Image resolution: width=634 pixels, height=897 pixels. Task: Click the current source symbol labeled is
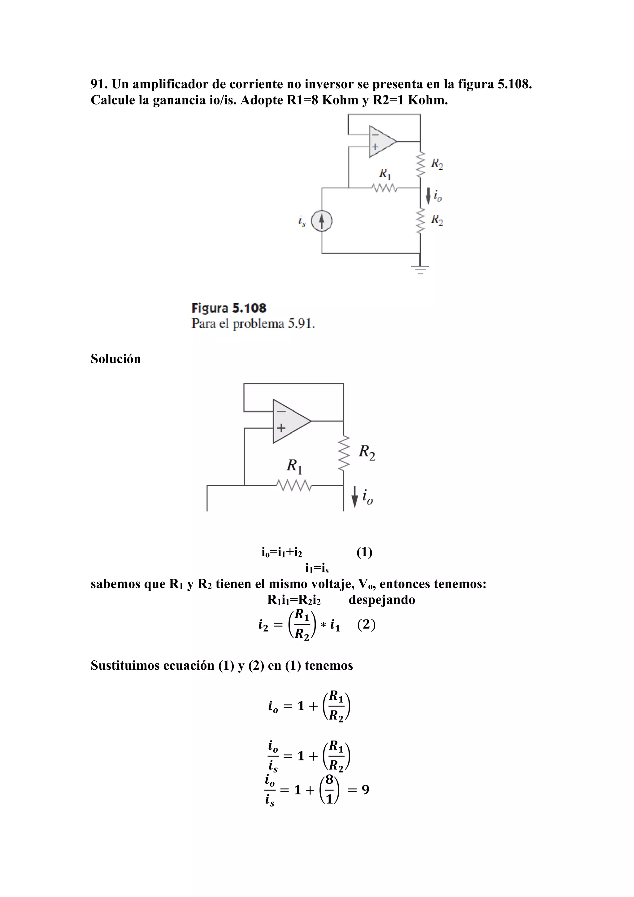click(322, 221)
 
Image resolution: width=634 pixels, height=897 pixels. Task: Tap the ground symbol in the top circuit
click(420, 269)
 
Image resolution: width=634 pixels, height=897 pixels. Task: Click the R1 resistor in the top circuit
click(384, 188)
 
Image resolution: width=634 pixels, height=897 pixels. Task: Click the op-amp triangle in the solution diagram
click(290, 421)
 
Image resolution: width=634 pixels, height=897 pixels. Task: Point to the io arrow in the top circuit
click(428, 195)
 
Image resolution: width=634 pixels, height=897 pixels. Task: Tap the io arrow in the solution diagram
click(354, 497)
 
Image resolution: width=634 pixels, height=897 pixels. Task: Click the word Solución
click(115, 359)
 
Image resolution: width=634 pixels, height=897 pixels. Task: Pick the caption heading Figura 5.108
click(229, 308)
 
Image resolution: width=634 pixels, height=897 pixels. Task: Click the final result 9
click(365, 790)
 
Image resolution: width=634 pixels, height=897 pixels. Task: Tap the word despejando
click(381, 599)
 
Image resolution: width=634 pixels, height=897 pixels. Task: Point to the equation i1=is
click(317, 568)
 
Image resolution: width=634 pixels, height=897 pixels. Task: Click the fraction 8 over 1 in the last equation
click(329, 790)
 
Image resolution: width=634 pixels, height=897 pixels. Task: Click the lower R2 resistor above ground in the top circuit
click(420, 221)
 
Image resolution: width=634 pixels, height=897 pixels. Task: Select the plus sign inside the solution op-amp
click(281, 428)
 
